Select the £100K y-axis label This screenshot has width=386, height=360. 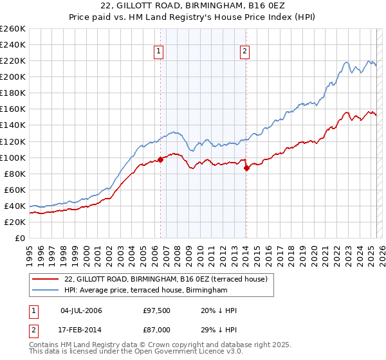pos(13,157)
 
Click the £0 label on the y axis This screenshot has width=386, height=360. pos(19,238)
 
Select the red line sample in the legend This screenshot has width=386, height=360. pos(45,279)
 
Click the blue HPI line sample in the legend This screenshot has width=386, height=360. pos(45,291)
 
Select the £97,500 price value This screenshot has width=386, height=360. pos(157,311)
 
